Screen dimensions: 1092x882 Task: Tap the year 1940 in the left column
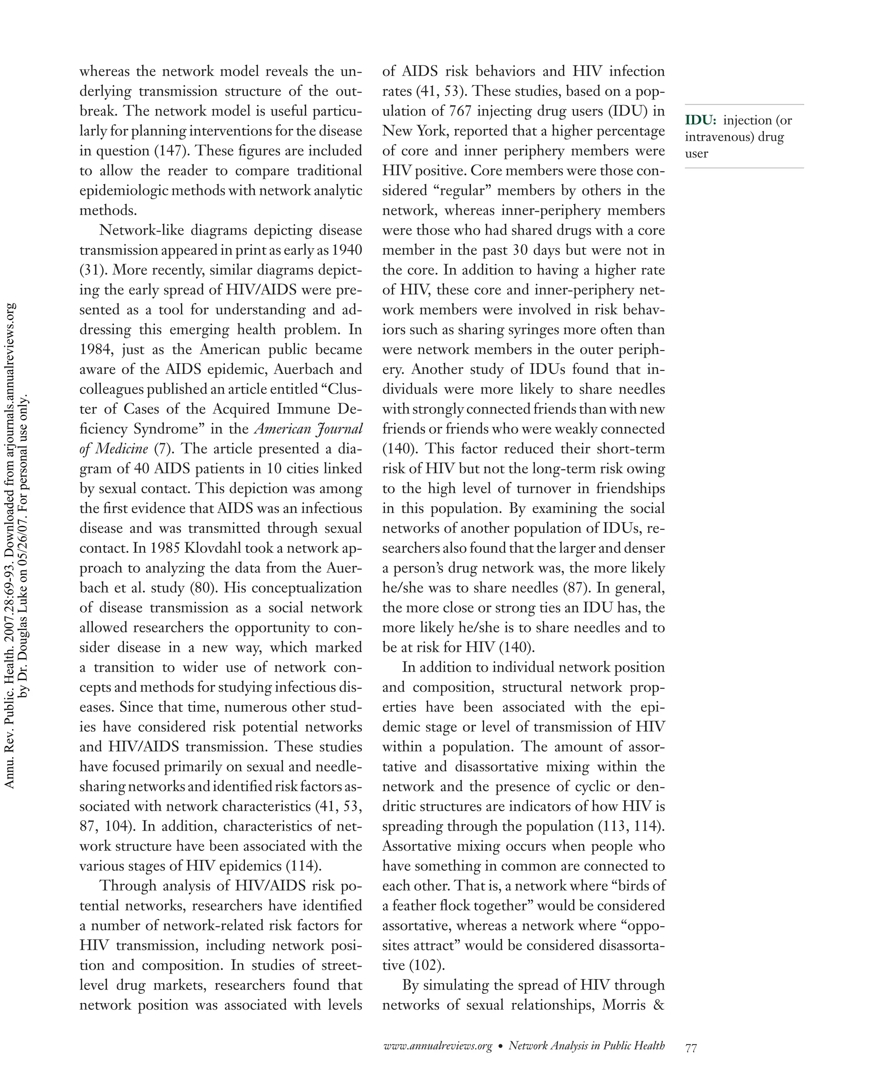point(347,250)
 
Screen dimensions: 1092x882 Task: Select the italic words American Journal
point(308,429)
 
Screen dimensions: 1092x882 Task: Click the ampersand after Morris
point(659,1005)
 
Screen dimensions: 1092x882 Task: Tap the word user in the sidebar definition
point(696,153)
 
